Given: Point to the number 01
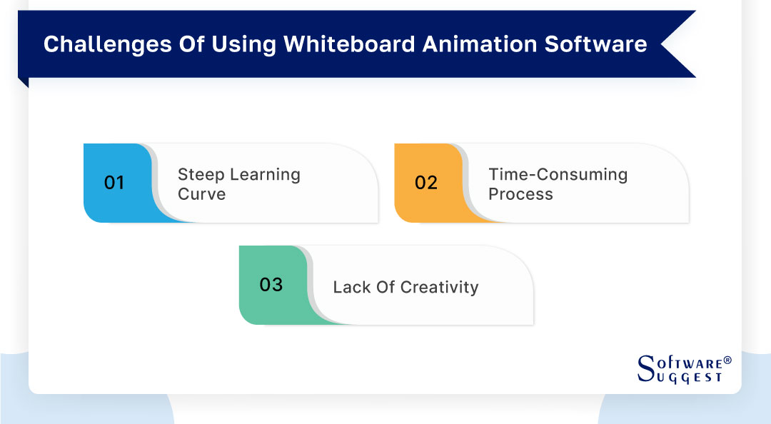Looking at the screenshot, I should click(114, 183).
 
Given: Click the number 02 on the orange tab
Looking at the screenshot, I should click(425, 183).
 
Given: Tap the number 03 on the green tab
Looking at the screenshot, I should click(271, 285).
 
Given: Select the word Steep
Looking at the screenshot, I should click(201, 174).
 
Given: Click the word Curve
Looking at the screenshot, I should click(201, 194).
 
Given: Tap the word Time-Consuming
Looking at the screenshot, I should click(558, 174).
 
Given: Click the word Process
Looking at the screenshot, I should click(520, 194).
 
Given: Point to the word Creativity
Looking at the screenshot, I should click(439, 287).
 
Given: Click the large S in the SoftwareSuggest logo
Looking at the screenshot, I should click(645, 369).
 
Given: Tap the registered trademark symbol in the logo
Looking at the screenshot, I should click(727, 360).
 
